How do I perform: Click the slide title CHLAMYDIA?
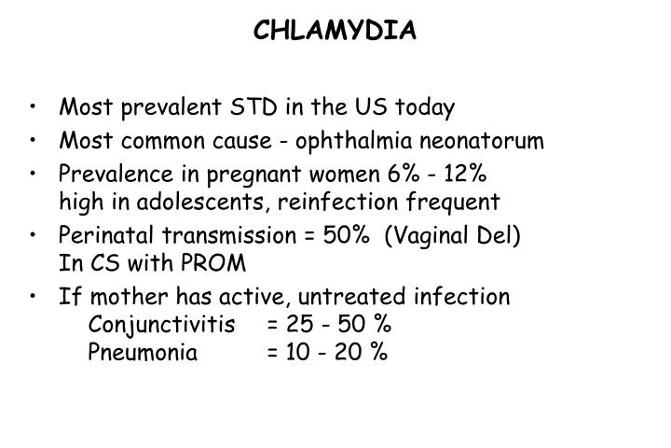tap(335, 32)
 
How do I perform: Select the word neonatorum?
tap(483, 142)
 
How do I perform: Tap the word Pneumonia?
tap(143, 353)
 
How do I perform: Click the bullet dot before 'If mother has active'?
tap(34, 297)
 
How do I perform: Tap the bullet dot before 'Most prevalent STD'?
tap(34, 108)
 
